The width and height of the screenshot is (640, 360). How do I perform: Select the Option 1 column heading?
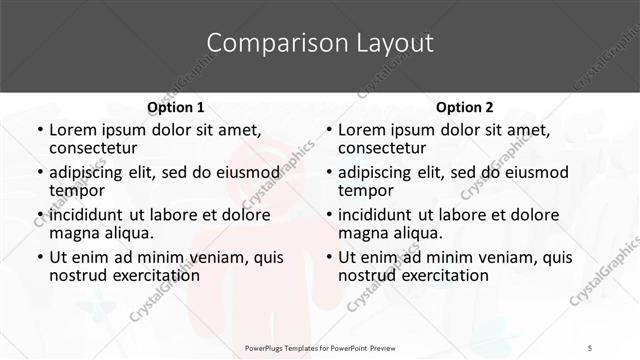[175, 107]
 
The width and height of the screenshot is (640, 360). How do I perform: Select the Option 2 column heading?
[465, 107]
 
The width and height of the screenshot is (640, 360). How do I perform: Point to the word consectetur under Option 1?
[93, 148]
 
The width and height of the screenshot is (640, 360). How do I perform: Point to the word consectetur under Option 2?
[383, 148]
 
